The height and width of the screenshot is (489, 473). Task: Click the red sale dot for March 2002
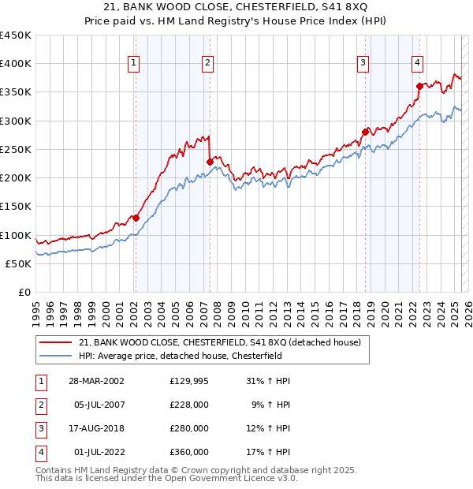point(136,218)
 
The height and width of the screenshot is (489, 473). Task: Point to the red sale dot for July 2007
point(210,162)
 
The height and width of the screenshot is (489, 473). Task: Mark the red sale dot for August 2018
point(366,133)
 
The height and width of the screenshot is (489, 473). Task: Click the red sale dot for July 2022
point(419,87)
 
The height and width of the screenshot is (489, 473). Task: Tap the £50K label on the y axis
point(18,263)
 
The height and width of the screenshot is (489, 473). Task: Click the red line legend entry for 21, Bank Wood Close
point(220,342)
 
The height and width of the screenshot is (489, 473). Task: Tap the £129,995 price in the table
point(189,381)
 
